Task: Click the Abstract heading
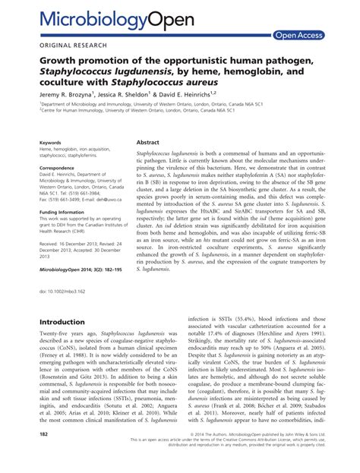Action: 147,142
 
